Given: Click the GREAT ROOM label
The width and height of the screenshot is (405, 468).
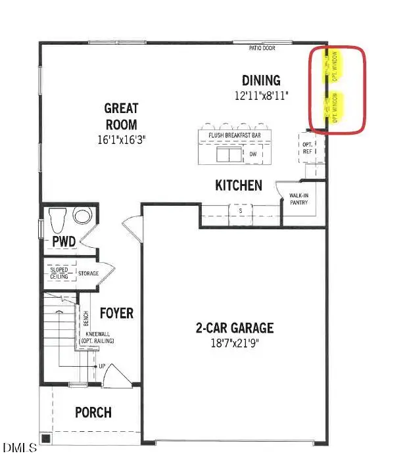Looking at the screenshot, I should (121, 116).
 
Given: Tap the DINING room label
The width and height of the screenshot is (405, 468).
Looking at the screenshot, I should (261, 81).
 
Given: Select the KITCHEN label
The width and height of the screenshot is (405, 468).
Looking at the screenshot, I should (239, 186).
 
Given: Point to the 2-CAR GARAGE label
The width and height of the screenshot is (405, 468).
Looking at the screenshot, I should (234, 328).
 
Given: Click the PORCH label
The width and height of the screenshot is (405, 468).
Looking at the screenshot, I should (93, 413).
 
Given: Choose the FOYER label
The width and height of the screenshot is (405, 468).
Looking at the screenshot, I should (116, 313).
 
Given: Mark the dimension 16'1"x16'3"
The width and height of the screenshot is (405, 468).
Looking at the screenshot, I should (121, 139).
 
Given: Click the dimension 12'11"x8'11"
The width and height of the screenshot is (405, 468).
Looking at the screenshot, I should (261, 97).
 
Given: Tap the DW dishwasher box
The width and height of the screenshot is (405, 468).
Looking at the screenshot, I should (252, 154).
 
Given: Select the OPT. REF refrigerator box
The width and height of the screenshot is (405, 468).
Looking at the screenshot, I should (306, 147).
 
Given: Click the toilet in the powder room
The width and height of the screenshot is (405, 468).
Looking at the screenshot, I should (56, 216).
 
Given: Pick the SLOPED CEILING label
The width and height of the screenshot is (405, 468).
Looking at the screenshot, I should (59, 273).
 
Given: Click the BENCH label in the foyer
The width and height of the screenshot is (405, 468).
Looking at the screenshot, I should (85, 319).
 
